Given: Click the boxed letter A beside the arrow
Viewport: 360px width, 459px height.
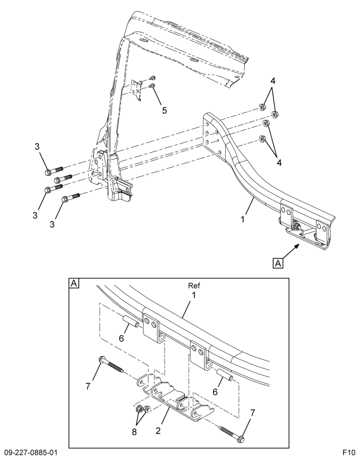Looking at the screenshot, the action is point(278,263).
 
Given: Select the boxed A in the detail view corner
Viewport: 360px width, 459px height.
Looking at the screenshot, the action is point(74,283).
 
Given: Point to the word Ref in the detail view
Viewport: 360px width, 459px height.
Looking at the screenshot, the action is point(194,285).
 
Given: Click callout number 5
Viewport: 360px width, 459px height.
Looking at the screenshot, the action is point(164,110).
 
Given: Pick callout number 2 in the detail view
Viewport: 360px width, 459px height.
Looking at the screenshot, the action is point(158,431).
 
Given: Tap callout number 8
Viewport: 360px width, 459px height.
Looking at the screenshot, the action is point(134,432).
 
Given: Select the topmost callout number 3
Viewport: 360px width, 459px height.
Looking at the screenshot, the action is point(37,147).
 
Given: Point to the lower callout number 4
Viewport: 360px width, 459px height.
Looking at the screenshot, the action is point(279,162).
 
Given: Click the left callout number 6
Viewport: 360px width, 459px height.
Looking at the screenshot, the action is point(121,338).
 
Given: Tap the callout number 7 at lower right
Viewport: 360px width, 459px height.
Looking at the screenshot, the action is point(253,413).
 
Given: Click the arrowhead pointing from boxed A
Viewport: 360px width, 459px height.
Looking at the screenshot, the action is point(297,246).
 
